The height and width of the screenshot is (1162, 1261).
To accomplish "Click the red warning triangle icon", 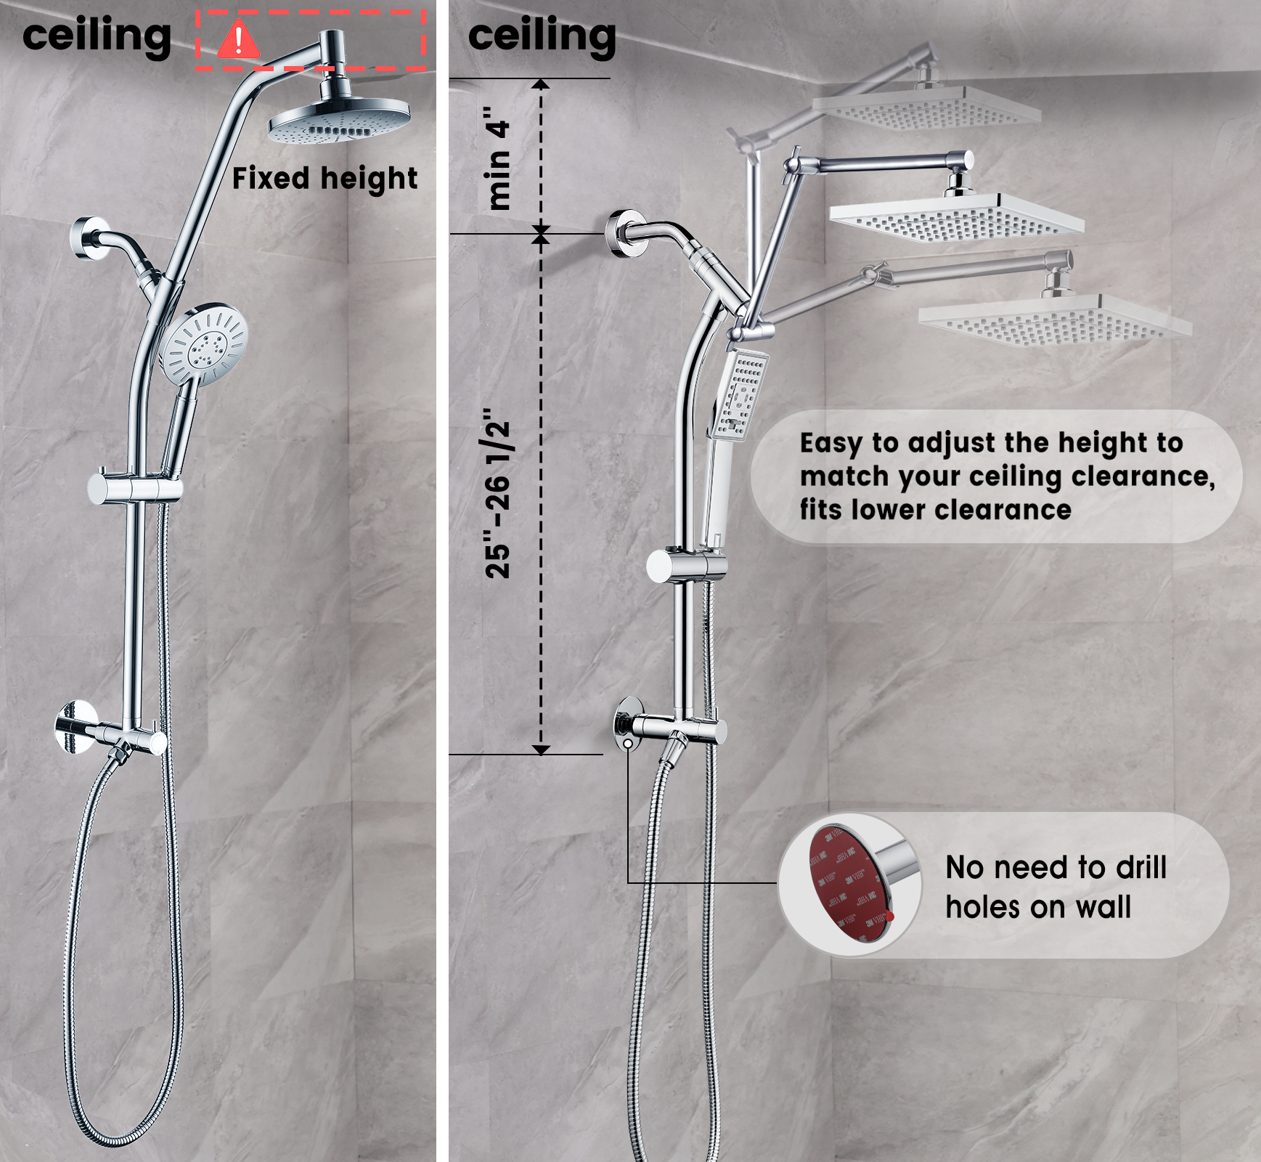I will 238,41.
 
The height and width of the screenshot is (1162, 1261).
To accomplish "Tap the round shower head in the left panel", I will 339,122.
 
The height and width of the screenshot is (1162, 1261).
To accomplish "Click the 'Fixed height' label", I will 325,179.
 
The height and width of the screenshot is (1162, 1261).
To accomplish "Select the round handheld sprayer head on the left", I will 204,345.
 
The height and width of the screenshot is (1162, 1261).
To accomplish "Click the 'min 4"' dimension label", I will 499,158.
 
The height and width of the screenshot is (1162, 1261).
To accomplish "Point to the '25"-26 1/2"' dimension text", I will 499,494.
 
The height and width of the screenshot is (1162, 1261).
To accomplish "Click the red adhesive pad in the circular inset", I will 842,882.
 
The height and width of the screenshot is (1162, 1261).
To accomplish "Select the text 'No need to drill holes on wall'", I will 1056,887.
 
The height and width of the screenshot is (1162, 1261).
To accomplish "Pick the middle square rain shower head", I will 957,216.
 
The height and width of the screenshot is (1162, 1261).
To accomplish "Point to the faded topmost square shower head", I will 926,109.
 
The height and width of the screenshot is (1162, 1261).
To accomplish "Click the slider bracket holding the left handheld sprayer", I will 134,489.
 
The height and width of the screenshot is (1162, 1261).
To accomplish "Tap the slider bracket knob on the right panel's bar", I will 662,566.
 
